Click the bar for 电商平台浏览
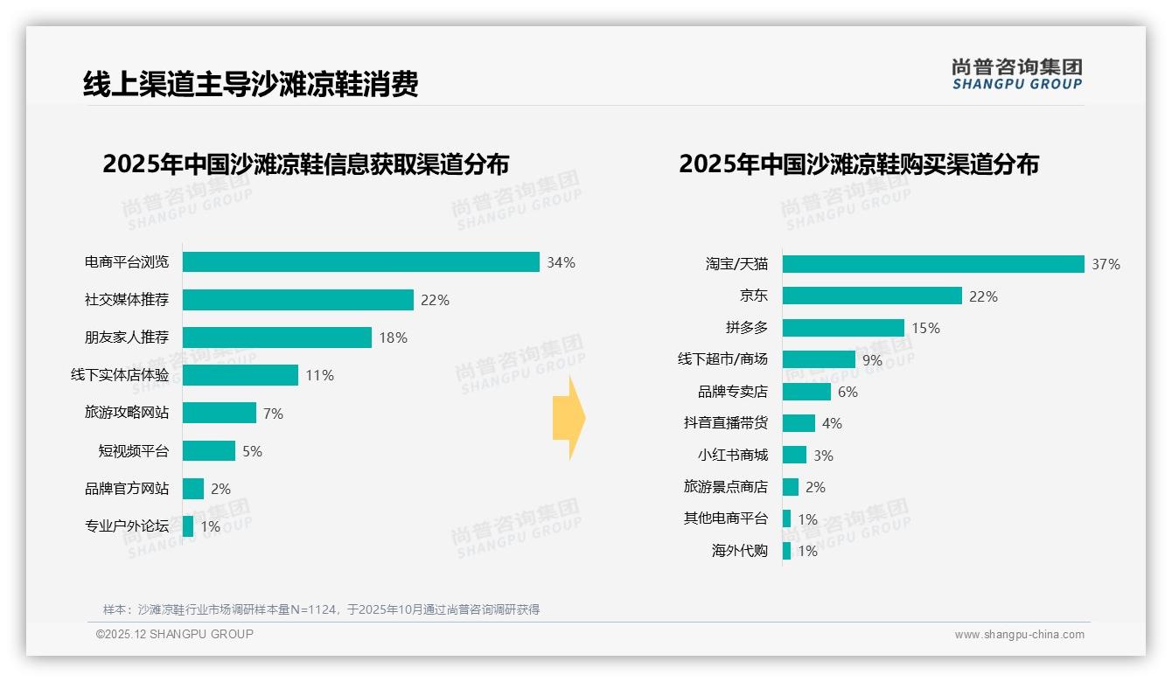[360, 261]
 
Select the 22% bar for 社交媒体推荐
[297, 300]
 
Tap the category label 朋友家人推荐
[127, 338]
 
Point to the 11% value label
[319, 376]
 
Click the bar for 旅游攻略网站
[220, 413]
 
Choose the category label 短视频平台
[133, 451]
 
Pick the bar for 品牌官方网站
[193, 489]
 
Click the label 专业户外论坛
[127, 526]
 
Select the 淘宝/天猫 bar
[933, 264]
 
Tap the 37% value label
[1106, 264]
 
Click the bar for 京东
[872, 296]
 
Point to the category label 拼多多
[746, 328]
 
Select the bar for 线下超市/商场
[819, 359]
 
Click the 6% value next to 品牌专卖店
[848, 392]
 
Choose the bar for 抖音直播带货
[799, 423]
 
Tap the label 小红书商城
[732, 455]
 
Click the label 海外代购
[739, 551]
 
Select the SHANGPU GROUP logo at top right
[1016, 74]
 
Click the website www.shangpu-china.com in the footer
[1019, 635]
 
